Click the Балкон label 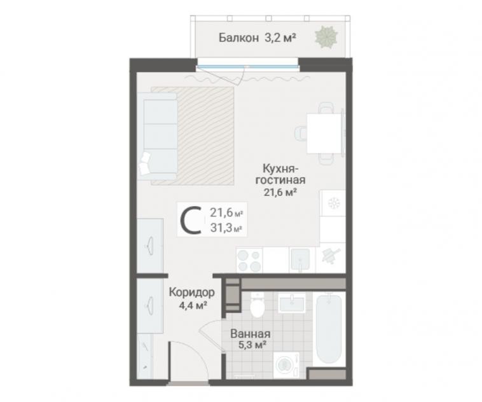point(238,38)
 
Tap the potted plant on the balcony point(326,38)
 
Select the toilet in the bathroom point(257,305)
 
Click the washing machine point(286,364)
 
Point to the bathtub point(329,329)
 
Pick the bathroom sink point(292,303)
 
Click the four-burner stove point(249,260)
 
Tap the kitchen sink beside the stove point(300,260)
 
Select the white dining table point(324,133)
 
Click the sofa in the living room point(158,136)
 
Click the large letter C point(191,219)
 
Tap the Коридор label point(192,293)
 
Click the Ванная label point(251,334)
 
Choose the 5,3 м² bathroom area point(252,345)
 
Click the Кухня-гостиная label point(280,174)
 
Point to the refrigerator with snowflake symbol point(333,203)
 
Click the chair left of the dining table point(301,134)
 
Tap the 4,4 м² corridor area point(193,305)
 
